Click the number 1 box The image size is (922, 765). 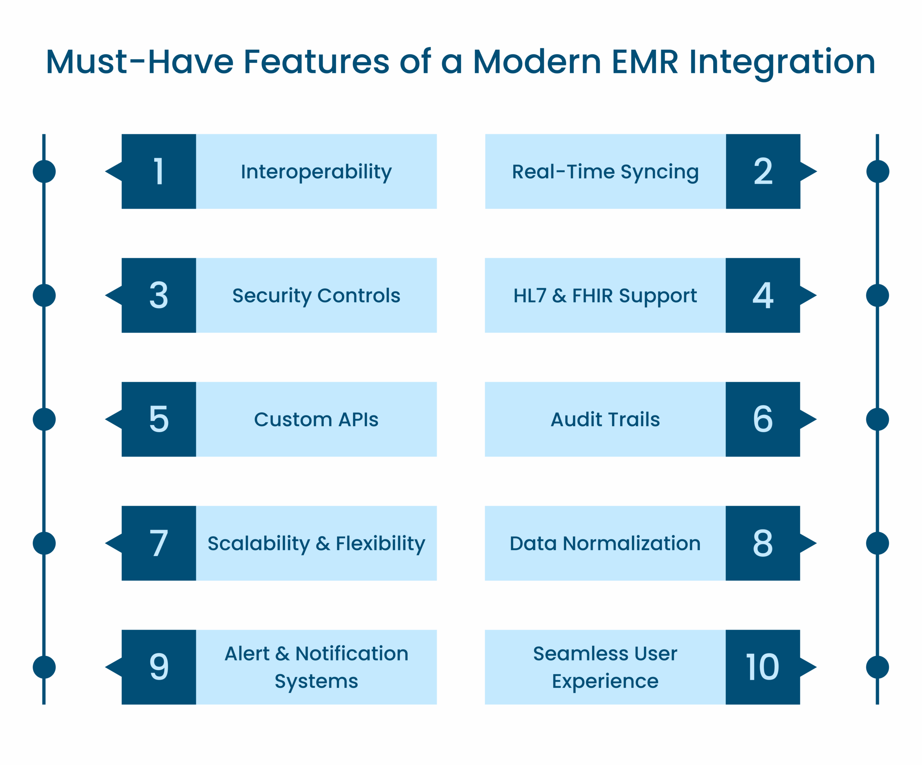pos(158,171)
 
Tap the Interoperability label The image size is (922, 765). pos(316,171)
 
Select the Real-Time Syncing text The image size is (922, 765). pos(605,171)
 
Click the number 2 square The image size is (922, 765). pos(763,171)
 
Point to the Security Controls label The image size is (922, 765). pos(316,295)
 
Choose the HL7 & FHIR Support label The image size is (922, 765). pos(605,295)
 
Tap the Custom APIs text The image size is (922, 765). pos(316,419)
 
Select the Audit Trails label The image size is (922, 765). pos(605,419)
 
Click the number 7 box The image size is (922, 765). pos(158,543)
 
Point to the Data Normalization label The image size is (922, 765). pos(605,543)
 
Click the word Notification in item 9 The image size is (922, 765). pos(352,653)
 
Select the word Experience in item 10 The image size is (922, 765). pos(605,681)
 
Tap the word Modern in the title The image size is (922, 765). pos(537,62)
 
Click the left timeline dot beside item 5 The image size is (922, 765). pos(44,419)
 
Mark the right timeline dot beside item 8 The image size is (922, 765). pos(877,543)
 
